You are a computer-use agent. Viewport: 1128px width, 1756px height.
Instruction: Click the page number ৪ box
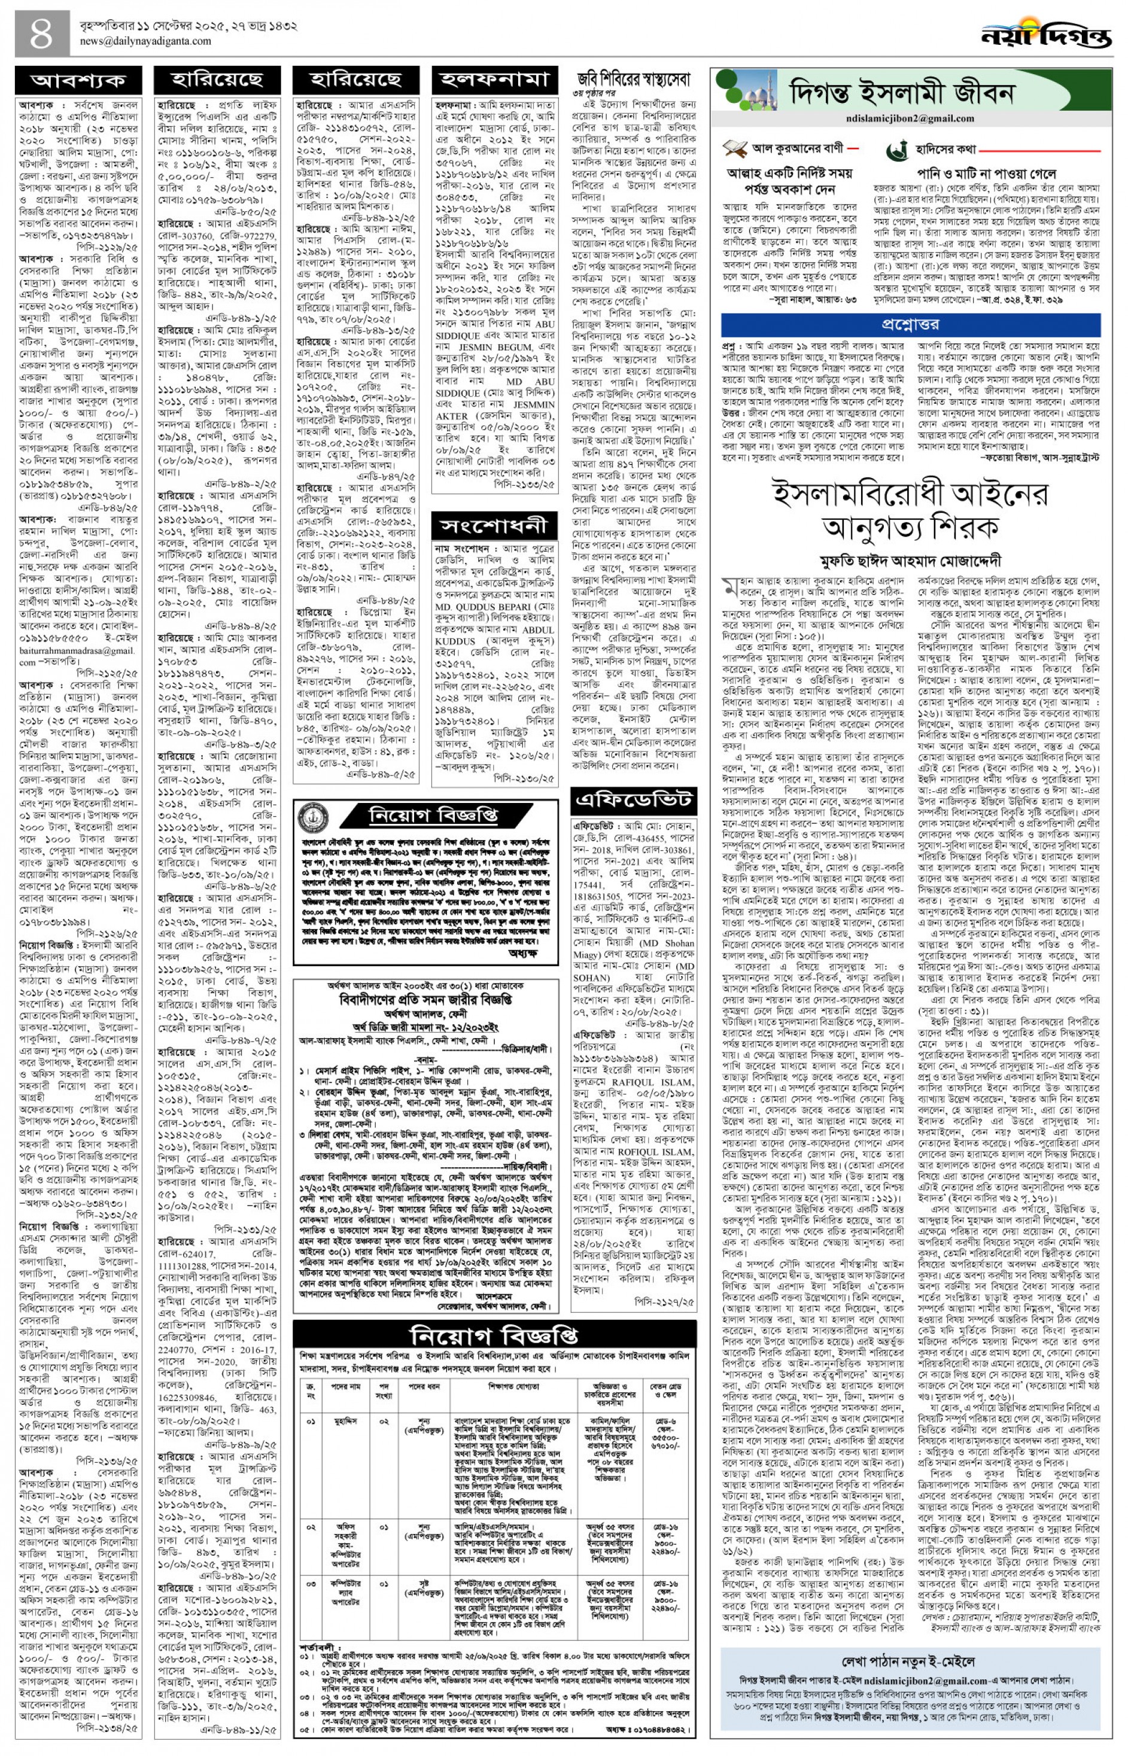[42, 35]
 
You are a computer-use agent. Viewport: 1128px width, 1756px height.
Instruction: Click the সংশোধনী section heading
[494, 526]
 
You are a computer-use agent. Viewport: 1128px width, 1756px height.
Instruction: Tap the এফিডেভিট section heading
[633, 801]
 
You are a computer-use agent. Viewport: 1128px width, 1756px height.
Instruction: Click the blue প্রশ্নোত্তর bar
[910, 324]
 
